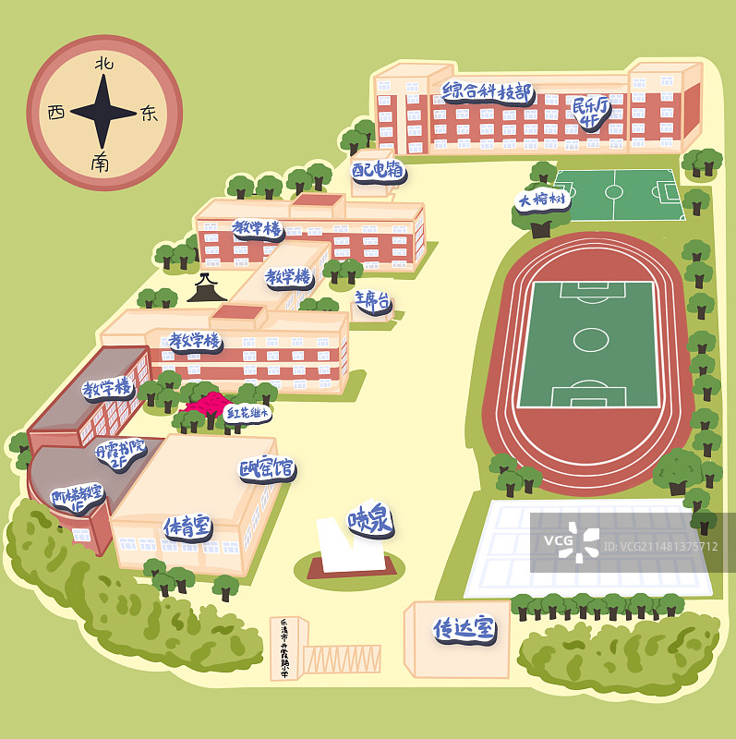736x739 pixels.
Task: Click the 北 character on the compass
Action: [104, 64]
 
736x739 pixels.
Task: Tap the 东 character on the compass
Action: [149, 114]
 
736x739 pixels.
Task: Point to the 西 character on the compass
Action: [56, 113]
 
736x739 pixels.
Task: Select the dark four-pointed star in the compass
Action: [103, 113]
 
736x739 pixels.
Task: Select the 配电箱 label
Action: [378, 170]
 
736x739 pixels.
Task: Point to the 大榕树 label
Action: [542, 200]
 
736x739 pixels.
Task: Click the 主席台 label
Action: [373, 300]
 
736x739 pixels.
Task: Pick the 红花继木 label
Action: [247, 413]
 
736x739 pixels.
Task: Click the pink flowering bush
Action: [209, 406]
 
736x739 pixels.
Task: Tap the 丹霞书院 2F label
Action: [120, 454]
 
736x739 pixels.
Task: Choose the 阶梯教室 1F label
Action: [77, 498]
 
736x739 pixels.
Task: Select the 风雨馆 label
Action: [267, 469]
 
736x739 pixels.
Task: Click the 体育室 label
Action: [187, 527]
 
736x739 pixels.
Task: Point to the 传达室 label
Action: [465, 629]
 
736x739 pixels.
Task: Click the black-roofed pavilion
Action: [207, 289]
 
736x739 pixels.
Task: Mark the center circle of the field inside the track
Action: [590, 340]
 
